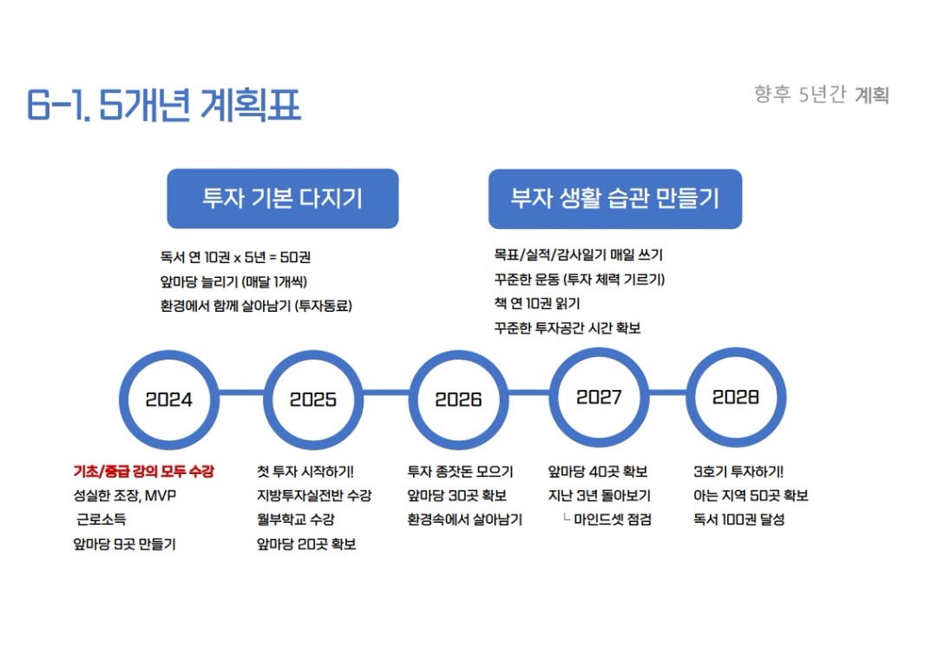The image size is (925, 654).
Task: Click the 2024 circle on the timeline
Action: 168,400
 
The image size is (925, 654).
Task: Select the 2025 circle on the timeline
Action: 312,400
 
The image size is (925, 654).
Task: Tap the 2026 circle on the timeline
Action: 457,400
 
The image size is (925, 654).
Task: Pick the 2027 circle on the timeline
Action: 599,397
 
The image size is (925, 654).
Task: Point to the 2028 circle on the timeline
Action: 735,397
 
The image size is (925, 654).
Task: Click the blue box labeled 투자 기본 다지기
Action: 282,198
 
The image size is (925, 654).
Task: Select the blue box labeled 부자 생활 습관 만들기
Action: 614,198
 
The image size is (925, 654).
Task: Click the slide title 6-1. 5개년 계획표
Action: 164,106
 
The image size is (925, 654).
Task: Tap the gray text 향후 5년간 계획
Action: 821,95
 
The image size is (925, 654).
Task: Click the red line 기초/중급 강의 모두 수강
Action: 143,472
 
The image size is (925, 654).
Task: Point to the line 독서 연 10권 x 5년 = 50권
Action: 235,257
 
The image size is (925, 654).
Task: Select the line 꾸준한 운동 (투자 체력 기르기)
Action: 579,279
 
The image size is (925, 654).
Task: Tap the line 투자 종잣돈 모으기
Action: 460,472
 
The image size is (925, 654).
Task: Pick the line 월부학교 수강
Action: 296,519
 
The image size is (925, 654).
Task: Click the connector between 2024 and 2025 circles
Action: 240,400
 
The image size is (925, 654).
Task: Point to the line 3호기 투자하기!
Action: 738,472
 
